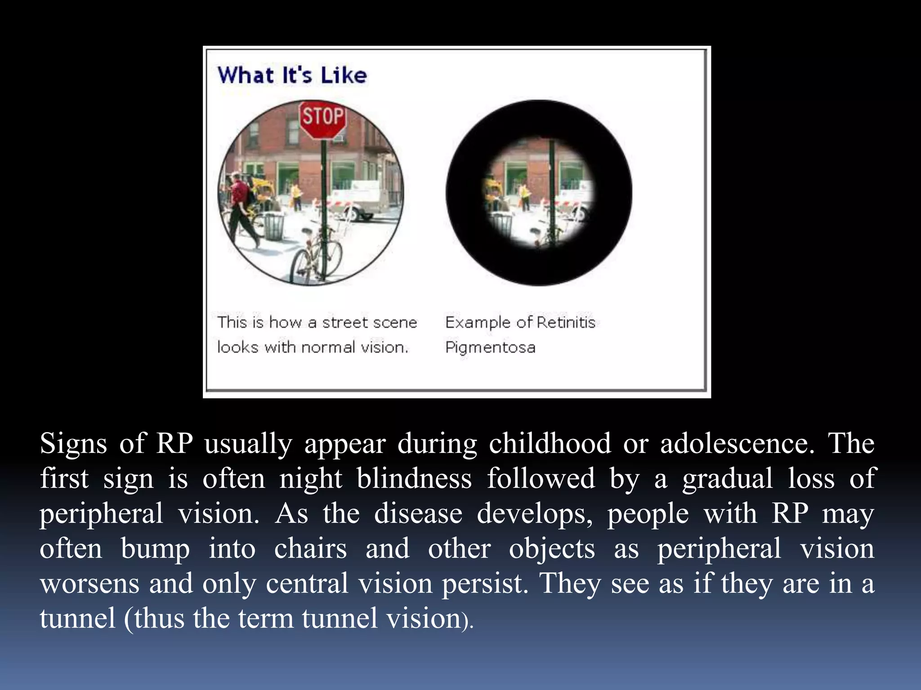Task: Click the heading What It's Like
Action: click(x=292, y=75)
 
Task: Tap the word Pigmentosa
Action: click(x=490, y=347)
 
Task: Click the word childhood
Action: click(x=550, y=443)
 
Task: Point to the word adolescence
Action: click(x=737, y=443)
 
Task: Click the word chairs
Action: click(x=310, y=548)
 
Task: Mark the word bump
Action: click(x=155, y=549)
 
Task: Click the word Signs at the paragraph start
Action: click(x=73, y=444)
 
